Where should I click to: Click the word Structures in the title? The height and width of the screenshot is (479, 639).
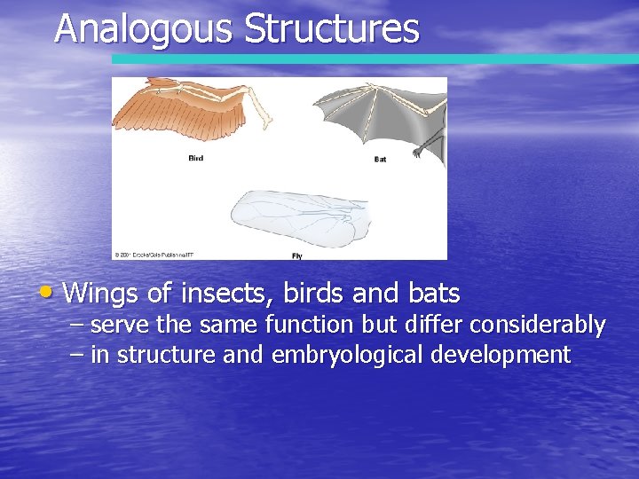(331, 28)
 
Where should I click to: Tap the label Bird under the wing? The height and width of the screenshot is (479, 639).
(195, 159)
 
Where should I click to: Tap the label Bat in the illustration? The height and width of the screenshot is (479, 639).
(380, 160)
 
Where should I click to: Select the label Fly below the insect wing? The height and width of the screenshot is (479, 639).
(297, 255)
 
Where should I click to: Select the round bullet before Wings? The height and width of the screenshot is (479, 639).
(54, 290)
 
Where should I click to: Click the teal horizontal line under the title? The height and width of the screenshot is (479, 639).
(373, 59)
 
